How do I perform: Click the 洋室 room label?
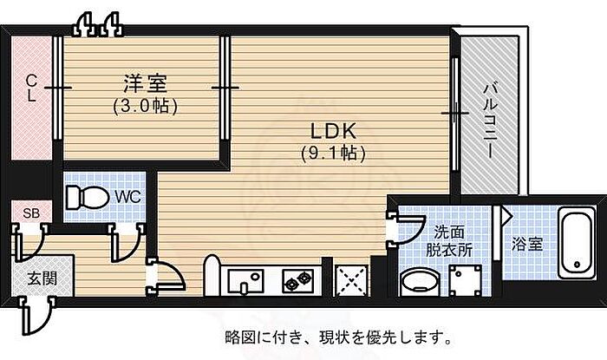145,84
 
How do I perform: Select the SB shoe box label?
30,213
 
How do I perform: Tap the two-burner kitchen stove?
297,280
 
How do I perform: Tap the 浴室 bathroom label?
527,245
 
